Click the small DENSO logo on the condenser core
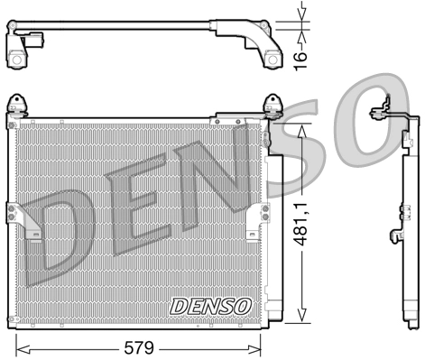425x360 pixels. pos(209,306)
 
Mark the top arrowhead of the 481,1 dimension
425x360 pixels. pos(303,127)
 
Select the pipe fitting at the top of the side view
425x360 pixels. pos(386,106)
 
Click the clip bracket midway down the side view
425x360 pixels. pos(394,236)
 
